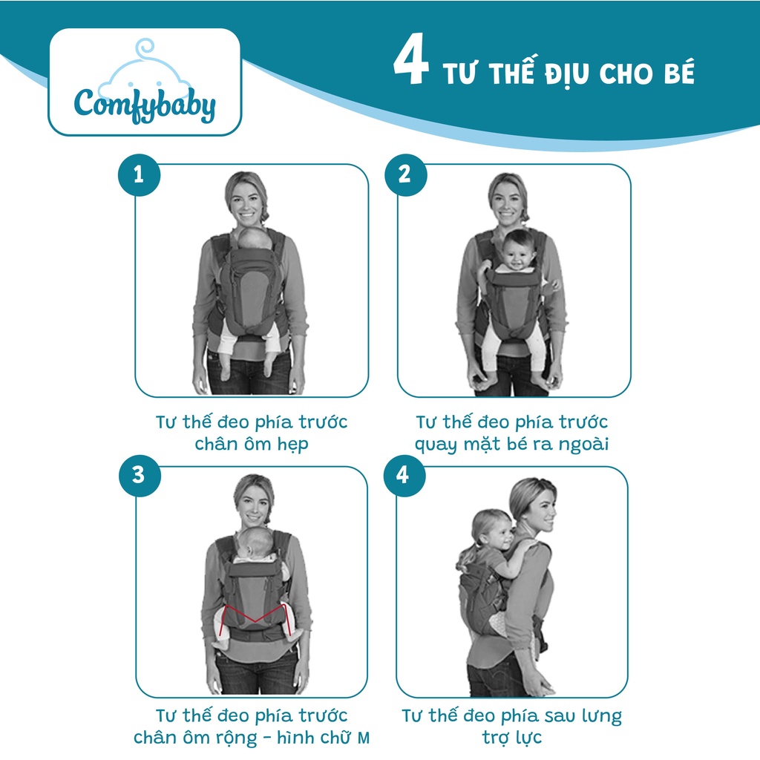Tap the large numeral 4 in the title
tap(410, 59)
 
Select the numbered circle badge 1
tap(139, 174)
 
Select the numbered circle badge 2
tap(406, 174)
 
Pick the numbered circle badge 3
tap(140, 476)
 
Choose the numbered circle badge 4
tap(404, 476)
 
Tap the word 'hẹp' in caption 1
tap(292, 445)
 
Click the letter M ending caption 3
tap(364, 738)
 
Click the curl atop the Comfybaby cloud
tap(145, 48)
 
